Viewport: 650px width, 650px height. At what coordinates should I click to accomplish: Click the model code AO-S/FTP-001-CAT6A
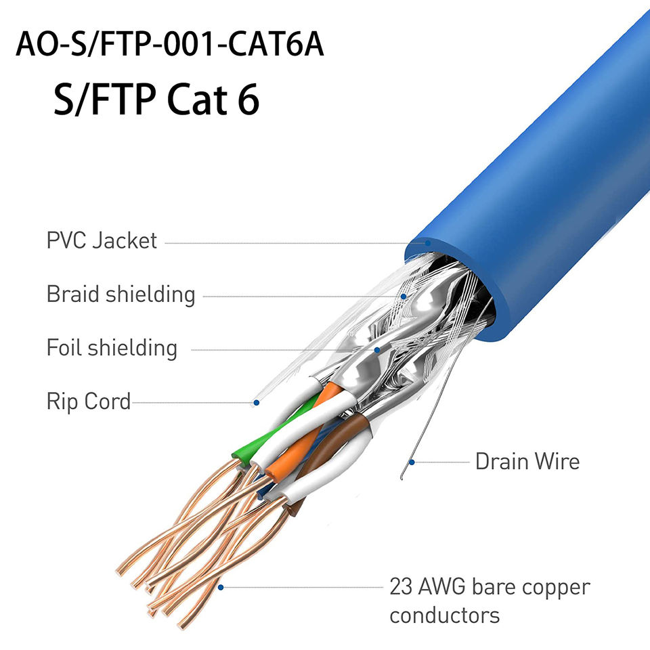click(169, 44)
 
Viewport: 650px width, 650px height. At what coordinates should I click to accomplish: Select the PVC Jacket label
click(102, 240)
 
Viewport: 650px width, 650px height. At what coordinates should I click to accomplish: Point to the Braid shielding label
click(121, 295)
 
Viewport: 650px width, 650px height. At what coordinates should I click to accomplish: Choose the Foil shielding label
click(112, 348)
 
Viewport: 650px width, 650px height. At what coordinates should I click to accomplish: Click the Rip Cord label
click(88, 402)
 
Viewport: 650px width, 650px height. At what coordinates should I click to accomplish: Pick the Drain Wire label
click(527, 462)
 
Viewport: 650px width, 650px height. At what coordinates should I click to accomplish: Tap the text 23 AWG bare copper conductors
click(489, 601)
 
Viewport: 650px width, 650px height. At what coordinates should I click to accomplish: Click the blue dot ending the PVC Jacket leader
click(428, 242)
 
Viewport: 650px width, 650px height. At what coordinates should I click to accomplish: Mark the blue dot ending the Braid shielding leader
click(404, 296)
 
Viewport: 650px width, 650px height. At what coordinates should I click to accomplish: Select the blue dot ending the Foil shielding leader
click(378, 350)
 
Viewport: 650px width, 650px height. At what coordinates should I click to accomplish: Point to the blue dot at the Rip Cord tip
click(257, 403)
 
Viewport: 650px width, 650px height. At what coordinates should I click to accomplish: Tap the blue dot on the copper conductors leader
click(220, 586)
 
